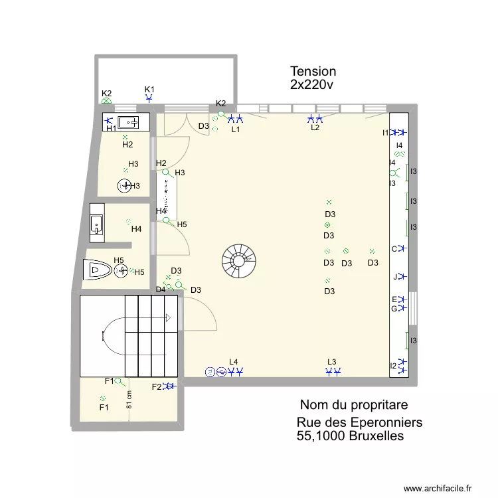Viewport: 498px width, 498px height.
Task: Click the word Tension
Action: point(313,71)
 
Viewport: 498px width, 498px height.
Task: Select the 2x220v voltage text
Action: point(311,85)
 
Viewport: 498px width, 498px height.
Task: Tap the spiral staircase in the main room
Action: point(238,260)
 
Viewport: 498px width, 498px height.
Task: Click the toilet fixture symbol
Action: point(98,270)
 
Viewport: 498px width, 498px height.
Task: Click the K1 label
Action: point(149,89)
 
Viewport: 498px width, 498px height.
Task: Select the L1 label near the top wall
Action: point(235,130)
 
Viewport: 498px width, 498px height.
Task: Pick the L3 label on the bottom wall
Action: point(332,362)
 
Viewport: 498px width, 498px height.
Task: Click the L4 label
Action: point(233,362)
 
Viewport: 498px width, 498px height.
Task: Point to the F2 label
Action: point(157,387)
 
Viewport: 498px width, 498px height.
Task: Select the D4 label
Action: point(161,290)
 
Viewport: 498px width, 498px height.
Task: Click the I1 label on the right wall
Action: point(386,133)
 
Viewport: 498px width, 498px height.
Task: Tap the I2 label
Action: point(393,366)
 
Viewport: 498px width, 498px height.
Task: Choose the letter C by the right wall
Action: point(394,249)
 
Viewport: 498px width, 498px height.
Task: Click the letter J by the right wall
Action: point(394,277)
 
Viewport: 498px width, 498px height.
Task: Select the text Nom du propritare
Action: point(354,404)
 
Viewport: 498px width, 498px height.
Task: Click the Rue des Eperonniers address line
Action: point(359,422)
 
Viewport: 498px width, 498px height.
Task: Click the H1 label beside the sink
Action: point(112,129)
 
